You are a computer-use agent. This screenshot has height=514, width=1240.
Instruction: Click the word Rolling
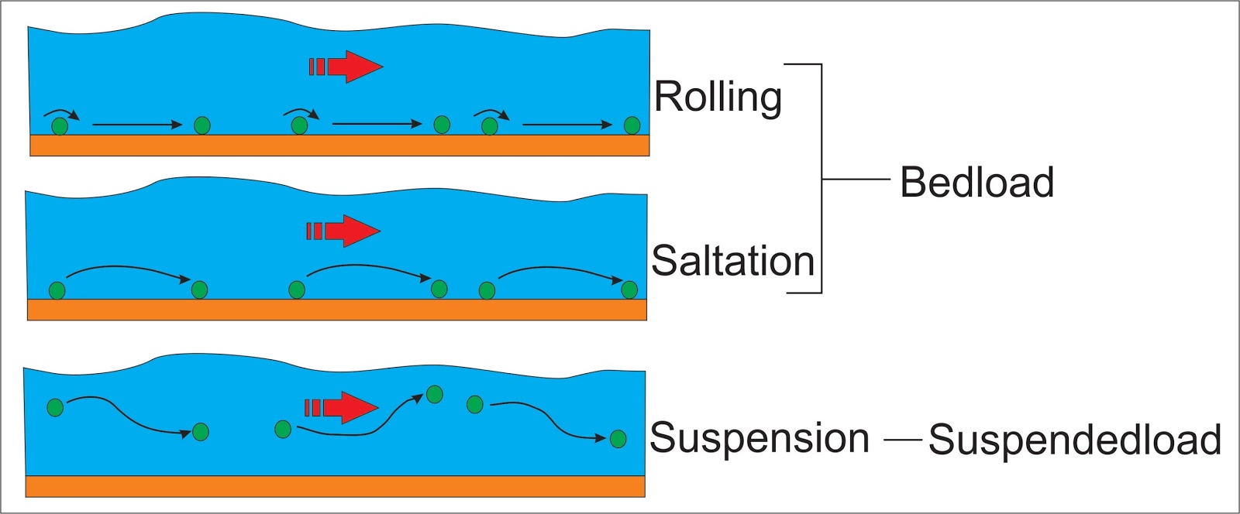click(718, 98)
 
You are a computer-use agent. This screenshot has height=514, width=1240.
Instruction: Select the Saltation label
click(732, 261)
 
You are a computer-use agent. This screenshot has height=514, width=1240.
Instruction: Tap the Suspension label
click(759, 438)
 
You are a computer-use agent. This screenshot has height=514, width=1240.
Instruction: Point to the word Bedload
click(976, 183)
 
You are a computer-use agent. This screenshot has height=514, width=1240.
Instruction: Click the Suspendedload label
click(1075, 440)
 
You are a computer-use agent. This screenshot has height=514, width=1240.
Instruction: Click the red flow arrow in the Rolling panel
click(346, 67)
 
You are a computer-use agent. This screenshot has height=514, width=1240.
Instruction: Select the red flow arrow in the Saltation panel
click(343, 231)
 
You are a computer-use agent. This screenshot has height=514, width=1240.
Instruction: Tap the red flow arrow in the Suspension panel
click(341, 407)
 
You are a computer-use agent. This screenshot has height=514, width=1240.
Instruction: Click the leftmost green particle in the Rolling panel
click(60, 126)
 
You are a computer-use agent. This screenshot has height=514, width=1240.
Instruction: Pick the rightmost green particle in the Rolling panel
click(632, 125)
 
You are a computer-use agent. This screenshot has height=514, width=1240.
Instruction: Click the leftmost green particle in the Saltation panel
click(57, 291)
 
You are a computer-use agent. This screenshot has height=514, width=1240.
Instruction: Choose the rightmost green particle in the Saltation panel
click(629, 290)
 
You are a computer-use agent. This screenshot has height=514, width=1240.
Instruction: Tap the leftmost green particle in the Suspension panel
click(55, 407)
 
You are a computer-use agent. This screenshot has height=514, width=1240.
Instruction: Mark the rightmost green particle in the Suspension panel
click(618, 440)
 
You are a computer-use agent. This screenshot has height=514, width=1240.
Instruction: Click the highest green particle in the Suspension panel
click(435, 395)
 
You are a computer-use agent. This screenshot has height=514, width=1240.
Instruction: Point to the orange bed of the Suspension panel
click(335, 486)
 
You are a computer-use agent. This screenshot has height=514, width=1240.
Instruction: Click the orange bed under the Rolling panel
click(339, 146)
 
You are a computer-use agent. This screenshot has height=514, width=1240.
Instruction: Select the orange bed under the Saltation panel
click(336, 310)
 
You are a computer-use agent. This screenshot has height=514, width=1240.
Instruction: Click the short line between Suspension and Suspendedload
click(902, 440)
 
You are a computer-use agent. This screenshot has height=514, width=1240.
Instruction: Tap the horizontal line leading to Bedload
click(855, 180)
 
